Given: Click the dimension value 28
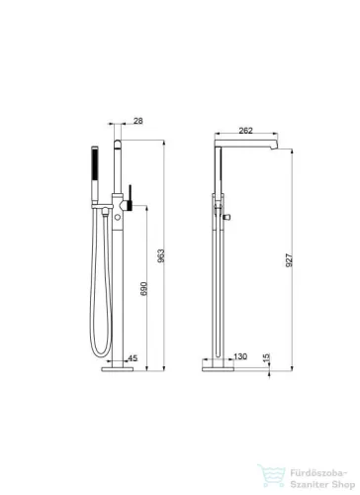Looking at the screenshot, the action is (138, 121).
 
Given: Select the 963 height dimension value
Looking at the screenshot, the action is (161, 255).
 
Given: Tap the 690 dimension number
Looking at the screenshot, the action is (144, 289).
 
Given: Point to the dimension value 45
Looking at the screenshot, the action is (133, 358).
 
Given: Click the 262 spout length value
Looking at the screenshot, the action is (245, 131).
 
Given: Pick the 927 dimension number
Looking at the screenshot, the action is (289, 260).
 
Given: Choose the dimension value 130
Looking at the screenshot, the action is (240, 356).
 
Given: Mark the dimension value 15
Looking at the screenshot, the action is (267, 357).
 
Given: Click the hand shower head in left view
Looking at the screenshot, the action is (95, 174).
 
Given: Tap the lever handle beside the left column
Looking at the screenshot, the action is (131, 197).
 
